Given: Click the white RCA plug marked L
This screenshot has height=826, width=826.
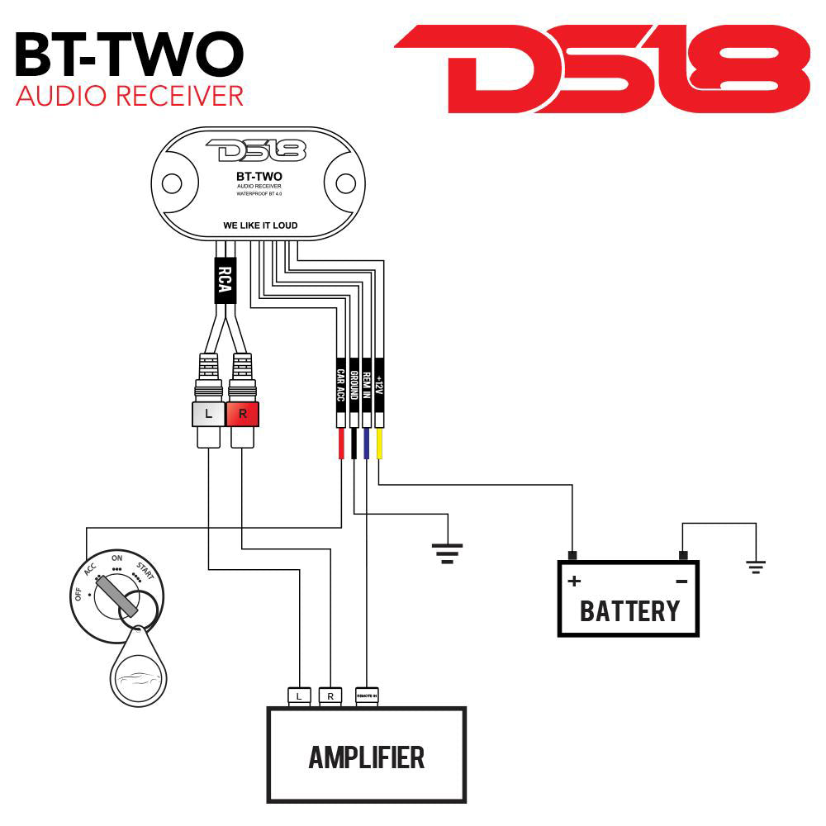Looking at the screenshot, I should [207, 414].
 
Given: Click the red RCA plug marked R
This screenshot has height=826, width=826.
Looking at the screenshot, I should [242, 414].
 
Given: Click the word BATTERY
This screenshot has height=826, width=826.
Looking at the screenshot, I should [629, 611].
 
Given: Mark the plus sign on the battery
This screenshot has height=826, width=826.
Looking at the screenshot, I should [573, 581].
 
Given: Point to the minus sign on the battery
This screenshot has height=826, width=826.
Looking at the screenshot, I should [681, 581].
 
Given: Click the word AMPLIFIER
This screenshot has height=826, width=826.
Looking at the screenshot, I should [366, 756].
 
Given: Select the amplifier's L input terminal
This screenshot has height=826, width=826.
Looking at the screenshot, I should [298, 696].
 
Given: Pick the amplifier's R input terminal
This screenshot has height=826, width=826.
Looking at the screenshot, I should [330, 696].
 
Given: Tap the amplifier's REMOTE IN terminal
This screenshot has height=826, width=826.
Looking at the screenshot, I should [366, 696].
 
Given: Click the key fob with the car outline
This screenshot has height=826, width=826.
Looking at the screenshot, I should [138, 673].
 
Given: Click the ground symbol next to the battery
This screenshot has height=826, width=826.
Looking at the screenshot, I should [755, 566].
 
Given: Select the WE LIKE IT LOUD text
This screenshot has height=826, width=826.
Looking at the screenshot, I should [260, 225].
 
